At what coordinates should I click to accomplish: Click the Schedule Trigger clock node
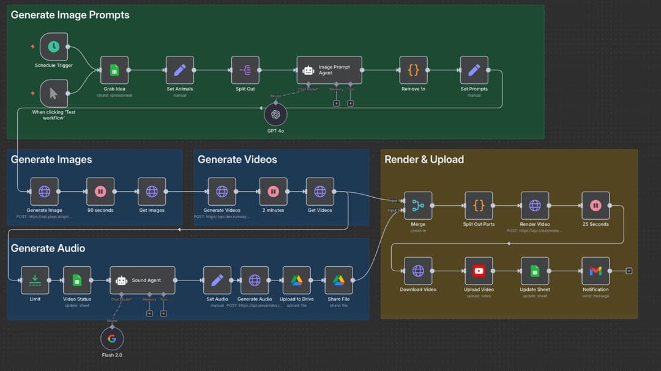click(54, 47)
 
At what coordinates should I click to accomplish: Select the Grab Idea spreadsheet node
click(114, 70)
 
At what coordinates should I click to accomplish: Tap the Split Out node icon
click(245, 70)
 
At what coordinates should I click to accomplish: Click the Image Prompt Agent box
click(329, 70)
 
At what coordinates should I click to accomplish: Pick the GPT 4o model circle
click(275, 114)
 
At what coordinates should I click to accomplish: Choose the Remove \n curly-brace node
click(413, 70)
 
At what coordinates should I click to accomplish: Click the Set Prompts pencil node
click(474, 70)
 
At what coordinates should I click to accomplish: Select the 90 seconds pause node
click(100, 192)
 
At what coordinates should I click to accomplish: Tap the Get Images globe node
click(152, 192)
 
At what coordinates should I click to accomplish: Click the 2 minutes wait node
click(273, 192)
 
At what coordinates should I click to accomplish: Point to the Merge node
click(418, 206)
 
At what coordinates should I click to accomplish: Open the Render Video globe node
click(535, 206)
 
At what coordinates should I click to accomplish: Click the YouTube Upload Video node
click(479, 271)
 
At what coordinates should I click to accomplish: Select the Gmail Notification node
click(596, 271)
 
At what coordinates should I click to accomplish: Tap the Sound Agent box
click(143, 280)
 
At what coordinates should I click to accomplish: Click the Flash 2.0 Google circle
click(112, 339)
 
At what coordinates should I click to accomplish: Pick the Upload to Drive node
click(296, 280)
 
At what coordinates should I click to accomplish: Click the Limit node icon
click(35, 280)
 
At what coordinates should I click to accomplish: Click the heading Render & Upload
click(424, 159)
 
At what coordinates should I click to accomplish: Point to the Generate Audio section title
click(48, 248)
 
